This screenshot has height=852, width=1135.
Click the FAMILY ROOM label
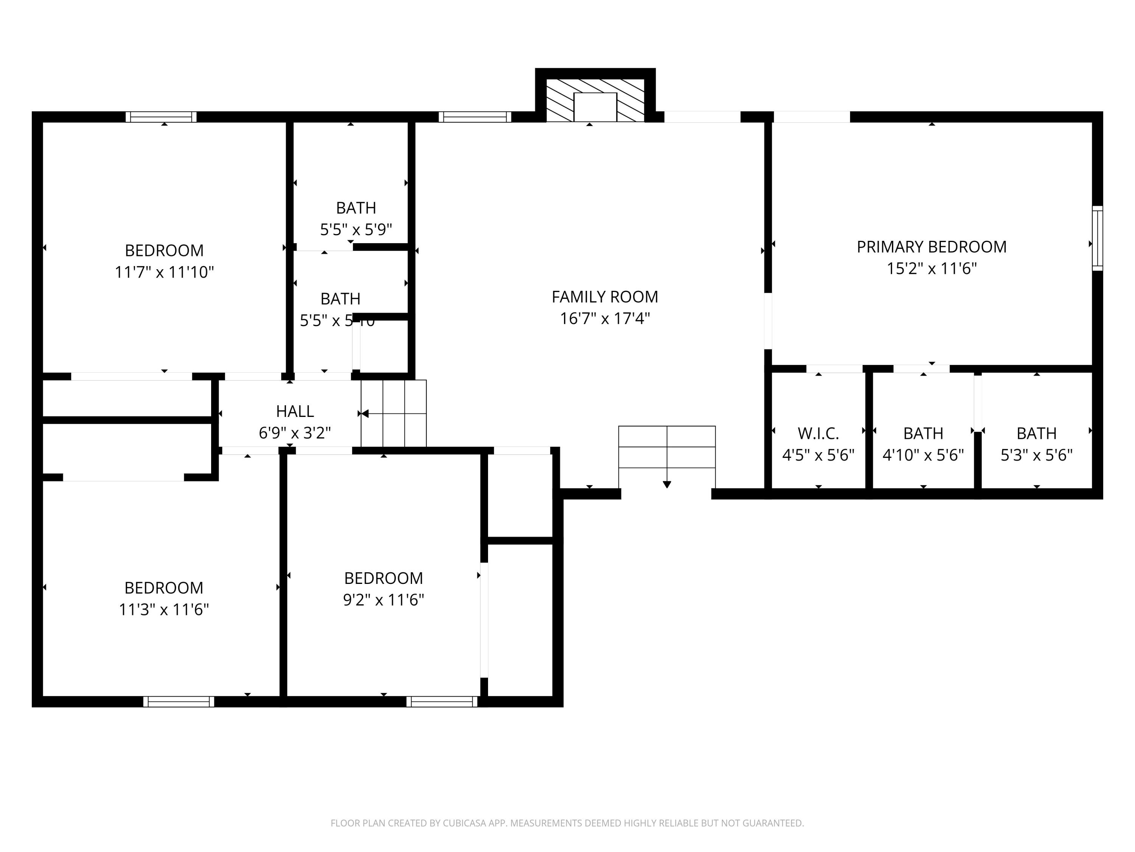605,297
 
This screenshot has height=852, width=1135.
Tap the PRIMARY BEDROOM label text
931,247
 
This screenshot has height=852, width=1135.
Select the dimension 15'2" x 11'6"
931,268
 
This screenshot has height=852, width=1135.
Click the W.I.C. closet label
818,434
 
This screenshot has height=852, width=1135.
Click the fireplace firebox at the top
595,106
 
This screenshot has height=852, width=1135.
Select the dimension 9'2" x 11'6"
383,600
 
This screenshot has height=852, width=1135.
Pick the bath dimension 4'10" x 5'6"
923,455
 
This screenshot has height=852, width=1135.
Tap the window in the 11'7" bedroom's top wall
161,117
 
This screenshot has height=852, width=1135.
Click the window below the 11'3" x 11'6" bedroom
179,702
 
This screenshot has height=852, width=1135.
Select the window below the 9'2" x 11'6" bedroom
442,702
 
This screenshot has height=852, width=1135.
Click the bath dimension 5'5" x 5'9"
356,229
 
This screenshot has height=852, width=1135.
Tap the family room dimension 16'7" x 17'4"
605,318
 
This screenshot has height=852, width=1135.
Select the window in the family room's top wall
475,117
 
